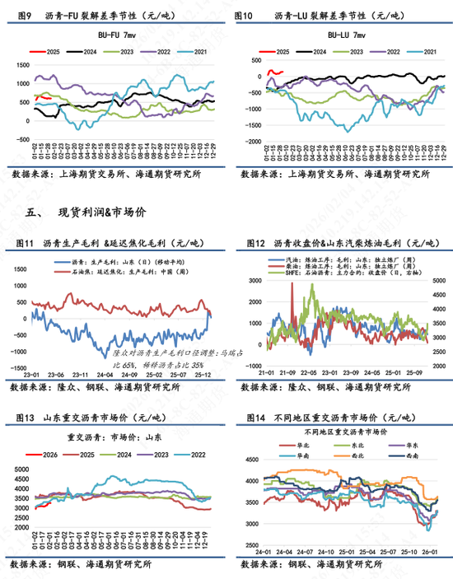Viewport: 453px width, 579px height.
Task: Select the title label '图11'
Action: (24, 244)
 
